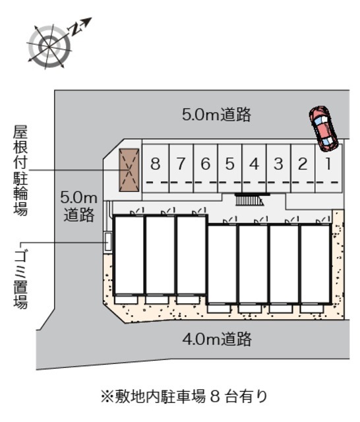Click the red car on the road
(x=322, y=127)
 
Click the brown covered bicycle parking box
(x=129, y=171)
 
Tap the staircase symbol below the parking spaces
(x=249, y=200)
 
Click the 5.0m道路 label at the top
(x=217, y=115)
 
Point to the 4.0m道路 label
(x=217, y=340)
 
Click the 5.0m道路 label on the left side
(x=79, y=206)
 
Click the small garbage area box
(x=107, y=241)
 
